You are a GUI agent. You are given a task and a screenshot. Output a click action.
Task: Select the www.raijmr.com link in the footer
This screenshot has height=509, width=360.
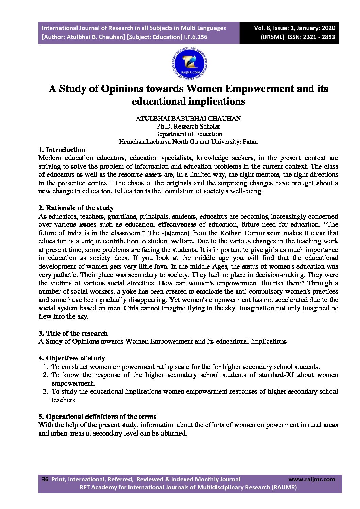coord(311,479)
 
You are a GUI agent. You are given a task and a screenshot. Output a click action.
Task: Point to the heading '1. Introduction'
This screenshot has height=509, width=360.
coord(62,150)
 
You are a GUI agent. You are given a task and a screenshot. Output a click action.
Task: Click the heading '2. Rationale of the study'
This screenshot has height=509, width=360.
coord(76,208)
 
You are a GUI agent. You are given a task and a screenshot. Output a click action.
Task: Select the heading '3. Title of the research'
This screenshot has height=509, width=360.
coord(73,333)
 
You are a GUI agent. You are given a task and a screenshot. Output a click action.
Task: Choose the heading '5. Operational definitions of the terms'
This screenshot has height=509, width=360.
coord(98,417)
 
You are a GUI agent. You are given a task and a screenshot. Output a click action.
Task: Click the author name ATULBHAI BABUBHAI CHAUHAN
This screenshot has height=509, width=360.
coord(188,119)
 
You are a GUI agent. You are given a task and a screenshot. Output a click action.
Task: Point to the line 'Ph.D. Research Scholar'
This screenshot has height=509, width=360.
coord(188,126)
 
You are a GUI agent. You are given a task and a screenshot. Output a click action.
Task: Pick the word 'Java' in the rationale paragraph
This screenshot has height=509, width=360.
coord(161,266)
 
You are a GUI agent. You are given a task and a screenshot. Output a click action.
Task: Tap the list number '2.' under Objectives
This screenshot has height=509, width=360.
coord(45,375)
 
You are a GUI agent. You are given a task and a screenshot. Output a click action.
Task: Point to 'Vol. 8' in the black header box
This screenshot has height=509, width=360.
coord(262,28)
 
